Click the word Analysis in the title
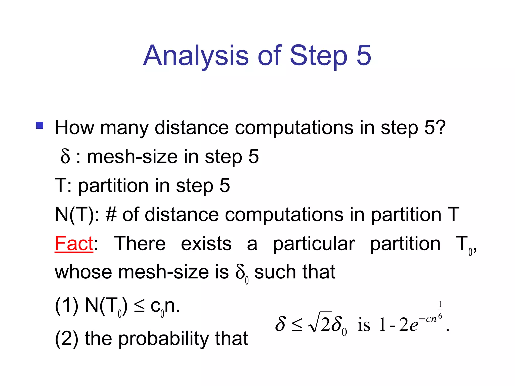pos(196,56)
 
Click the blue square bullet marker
pos(40,125)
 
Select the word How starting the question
pos(75,128)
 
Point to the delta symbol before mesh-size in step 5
pos(65,156)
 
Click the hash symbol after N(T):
pos(111,215)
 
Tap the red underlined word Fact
pos(74,243)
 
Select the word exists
pos(206,243)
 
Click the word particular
pos(314,244)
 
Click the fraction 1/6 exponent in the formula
pos(440,310)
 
